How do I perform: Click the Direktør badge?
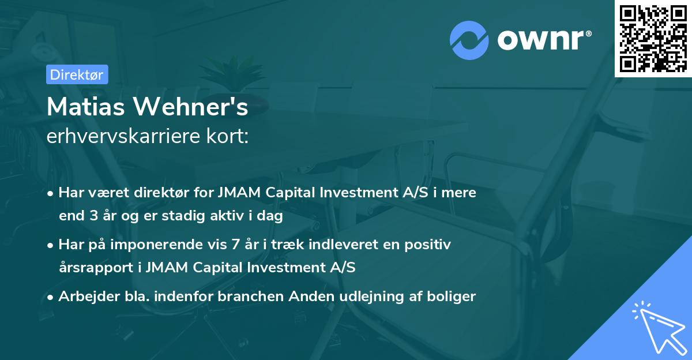point(77,74)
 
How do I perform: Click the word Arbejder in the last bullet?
point(83,297)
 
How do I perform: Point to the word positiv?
point(430,245)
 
